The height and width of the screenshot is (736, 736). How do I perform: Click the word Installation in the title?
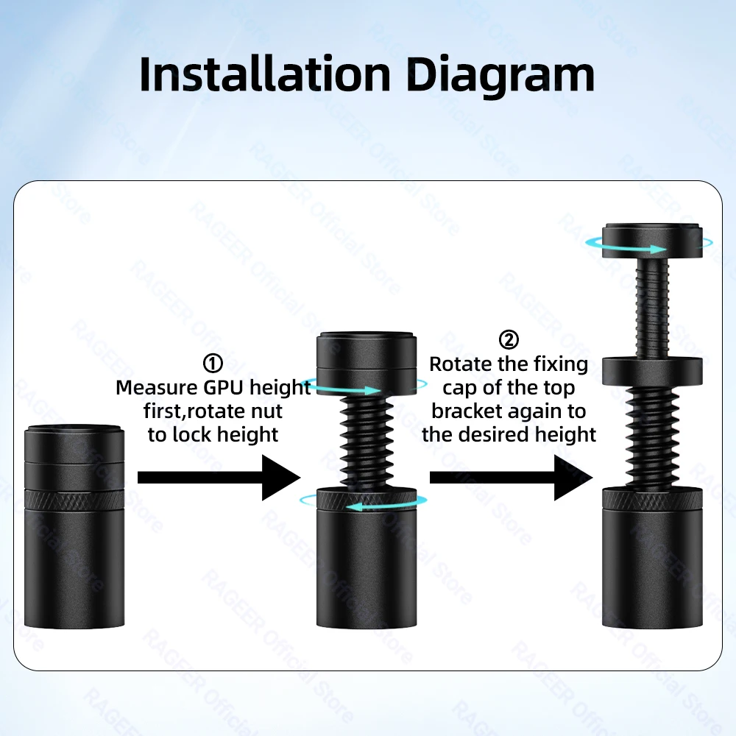[x=265, y=74]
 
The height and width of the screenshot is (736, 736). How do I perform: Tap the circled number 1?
[x=213, y=364]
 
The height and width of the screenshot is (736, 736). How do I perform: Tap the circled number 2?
[x=509, y=340]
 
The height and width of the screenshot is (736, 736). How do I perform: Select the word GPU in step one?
[x=224, y=388]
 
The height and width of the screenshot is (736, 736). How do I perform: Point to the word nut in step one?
[x=269, y=411]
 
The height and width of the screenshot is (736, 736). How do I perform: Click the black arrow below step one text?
[x=219, y=478]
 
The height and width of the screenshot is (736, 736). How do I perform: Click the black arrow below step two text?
[x=512, y=478]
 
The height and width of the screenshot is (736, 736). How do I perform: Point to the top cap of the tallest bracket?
[x=652, y=241]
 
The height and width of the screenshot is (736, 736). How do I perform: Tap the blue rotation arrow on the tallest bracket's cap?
[x=648, y=245]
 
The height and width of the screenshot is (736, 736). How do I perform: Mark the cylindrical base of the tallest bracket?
[x=652, y=558]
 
